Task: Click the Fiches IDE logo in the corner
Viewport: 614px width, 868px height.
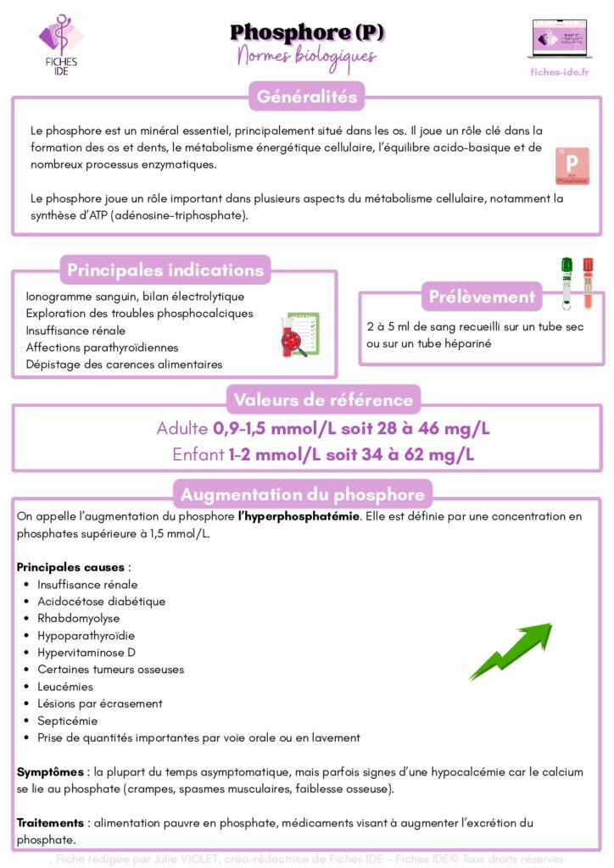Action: [60, 45]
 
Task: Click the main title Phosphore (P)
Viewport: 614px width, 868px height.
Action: [307, 33]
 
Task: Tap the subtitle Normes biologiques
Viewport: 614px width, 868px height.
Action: [307, 56]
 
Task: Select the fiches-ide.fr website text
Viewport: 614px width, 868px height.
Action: [558, 72]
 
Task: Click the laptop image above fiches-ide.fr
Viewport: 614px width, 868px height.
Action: [558, 38]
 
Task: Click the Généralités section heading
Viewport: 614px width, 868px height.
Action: [307, 97]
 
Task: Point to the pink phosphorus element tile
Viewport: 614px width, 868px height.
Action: [572, 166]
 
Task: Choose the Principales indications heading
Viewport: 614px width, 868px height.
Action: [165, 270]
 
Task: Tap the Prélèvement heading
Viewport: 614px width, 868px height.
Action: [482, 297]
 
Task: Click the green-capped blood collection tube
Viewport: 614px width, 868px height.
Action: [567, 283]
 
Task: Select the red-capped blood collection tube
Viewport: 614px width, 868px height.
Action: [587, 283]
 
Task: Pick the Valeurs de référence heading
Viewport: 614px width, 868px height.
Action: [323, 400]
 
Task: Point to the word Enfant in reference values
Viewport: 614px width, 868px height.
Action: [198, 454]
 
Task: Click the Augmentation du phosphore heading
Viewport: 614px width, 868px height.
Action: [303, 494]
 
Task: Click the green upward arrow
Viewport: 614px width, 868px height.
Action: [512, 650]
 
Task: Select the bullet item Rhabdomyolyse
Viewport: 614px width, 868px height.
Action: [78, 618]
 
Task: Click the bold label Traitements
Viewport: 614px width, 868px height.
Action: [50, 822]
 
